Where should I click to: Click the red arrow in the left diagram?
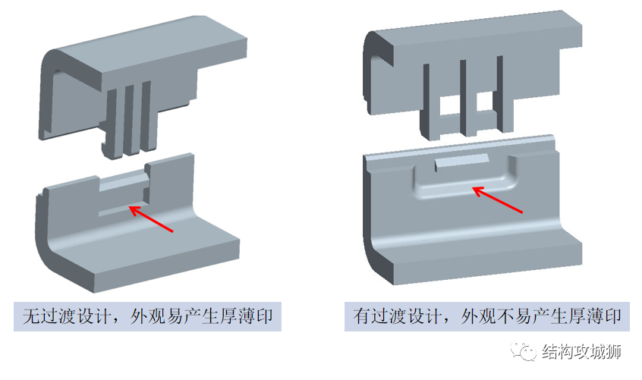pyautogui.click(x=151, y=219)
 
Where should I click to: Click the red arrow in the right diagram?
pyautogui.click(x=498, y=200)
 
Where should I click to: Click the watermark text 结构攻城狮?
pyautogui.click(x=581, y=351)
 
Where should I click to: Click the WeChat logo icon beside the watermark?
pyautogui.click(x=523, y=351)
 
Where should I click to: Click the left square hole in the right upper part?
pyautogui.click(x=449, y=105)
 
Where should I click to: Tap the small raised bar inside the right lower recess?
pyautogui.click(x=462, y=162)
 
